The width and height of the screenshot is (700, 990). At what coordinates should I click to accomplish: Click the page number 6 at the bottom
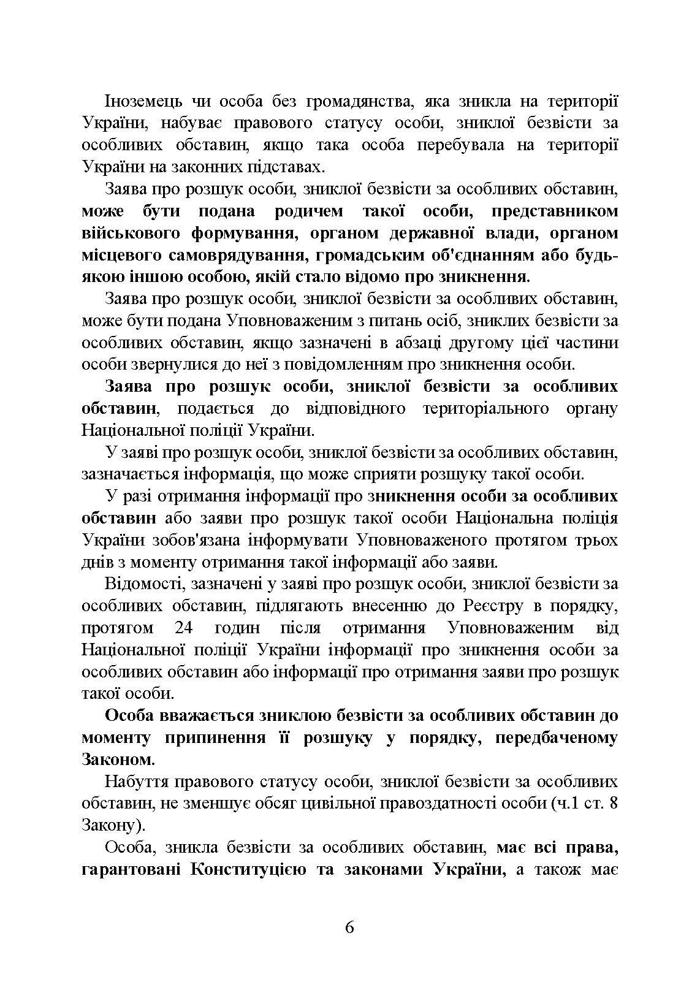pos(349,926)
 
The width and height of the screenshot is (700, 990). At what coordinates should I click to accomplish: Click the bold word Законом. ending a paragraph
pos(118,760)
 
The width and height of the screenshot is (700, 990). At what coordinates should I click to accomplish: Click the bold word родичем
pos(309,211)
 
